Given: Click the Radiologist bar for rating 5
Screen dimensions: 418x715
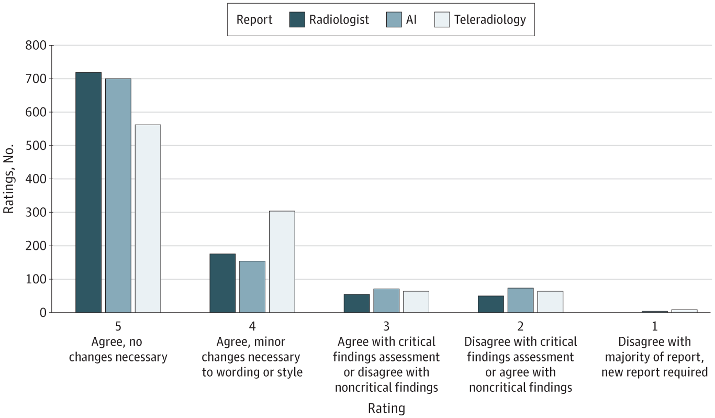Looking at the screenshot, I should pos(88,192).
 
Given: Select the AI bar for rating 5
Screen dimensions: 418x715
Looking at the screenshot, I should pos(118,195).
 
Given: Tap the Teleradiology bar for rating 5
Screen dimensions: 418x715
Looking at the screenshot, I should pos(148,218).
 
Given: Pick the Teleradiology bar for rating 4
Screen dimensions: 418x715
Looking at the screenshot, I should pos(282,261).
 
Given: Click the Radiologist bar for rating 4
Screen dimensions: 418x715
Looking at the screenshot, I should pos(222,283).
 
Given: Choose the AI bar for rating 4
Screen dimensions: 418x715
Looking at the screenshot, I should pos(252,287).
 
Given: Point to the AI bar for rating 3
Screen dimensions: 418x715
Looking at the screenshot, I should pos(386,301).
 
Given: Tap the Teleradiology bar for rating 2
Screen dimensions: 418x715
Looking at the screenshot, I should pos(550,302).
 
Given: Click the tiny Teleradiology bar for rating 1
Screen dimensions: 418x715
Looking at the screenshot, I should pos(684,311).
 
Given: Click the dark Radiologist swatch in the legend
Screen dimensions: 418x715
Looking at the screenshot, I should pos(297,20).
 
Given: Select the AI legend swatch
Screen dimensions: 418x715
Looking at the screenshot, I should pos(394,20).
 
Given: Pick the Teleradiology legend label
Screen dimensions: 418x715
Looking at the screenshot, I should pos(489,20).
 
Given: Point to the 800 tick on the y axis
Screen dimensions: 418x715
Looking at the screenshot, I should pos(36,46).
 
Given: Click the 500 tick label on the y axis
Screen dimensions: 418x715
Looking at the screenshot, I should pos(36,146).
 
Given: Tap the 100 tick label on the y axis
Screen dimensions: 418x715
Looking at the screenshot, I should pos(36,279).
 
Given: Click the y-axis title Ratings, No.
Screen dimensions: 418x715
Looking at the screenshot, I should pos(9,179).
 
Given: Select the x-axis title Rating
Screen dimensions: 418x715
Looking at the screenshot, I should pos(386,408).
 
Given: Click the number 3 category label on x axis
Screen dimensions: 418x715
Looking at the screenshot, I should pos(386,326).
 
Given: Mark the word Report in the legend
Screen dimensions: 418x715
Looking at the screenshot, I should pos(254,20).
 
